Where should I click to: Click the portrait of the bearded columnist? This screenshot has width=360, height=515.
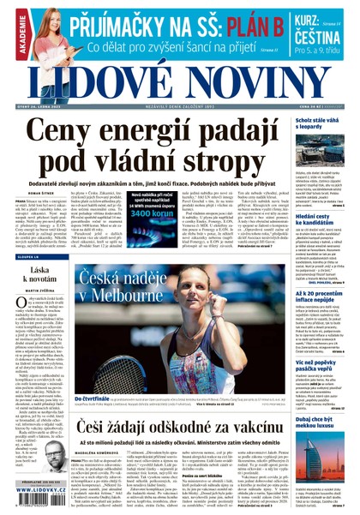[x=51, y=458]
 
